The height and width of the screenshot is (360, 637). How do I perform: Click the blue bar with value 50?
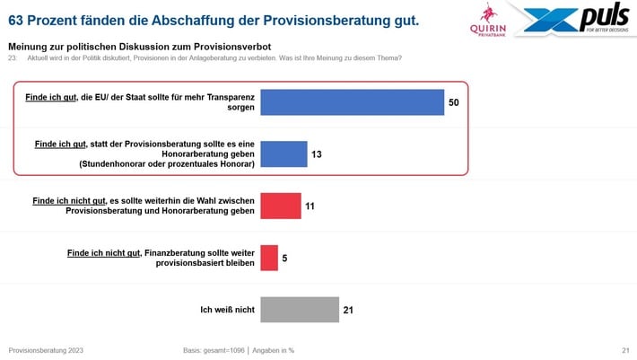point(353,101)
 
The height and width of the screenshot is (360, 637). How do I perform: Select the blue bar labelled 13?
point(284,154)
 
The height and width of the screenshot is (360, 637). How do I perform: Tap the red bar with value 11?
point(281,206)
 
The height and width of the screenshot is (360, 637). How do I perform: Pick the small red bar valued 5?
point(269,258)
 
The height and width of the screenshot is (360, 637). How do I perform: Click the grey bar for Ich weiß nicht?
point(299,310)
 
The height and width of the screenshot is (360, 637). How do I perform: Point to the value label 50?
point(453,102)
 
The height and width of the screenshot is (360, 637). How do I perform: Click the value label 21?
point(348,311)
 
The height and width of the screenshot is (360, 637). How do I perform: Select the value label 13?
point(317,154)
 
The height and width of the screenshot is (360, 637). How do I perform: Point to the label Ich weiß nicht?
point(228,311)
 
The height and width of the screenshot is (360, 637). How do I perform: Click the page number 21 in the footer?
point(624,349)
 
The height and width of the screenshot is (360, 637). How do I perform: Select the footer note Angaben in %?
point(275,349)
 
